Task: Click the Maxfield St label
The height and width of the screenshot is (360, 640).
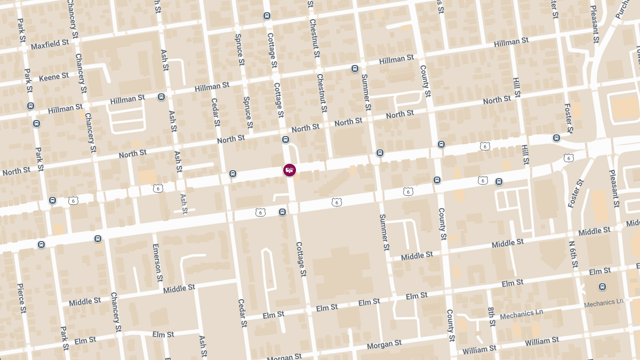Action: tap(50, 44)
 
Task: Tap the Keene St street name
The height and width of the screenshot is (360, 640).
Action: tap(54, 77)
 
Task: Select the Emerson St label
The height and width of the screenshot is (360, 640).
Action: tap(157, 262)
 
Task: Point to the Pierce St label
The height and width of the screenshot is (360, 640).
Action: tap(21, 298)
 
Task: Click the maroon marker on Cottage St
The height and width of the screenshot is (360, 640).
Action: tap(290, 170)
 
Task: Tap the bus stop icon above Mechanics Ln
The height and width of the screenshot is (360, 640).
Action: tap(602, 286)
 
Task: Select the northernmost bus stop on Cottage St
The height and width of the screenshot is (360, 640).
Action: tap(267, 15)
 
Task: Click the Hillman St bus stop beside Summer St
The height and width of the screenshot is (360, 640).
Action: tap(355, 69)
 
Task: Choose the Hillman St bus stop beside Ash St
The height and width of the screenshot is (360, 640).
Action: tap(161, 97)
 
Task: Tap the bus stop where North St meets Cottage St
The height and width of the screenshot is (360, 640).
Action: tap(285, 140)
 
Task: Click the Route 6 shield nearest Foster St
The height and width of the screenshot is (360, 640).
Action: tap(569, 158)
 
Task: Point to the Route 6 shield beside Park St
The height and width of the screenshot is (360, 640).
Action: tap(73, 201)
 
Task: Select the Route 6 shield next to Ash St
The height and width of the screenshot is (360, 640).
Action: tap(158, 188)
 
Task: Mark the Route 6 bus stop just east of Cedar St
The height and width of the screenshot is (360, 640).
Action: tap(233, 174)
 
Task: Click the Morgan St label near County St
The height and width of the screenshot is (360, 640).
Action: tap(385, 344)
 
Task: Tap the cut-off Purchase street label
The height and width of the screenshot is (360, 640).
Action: tap(621, 10)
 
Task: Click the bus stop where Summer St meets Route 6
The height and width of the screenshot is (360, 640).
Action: tap(380, 153)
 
